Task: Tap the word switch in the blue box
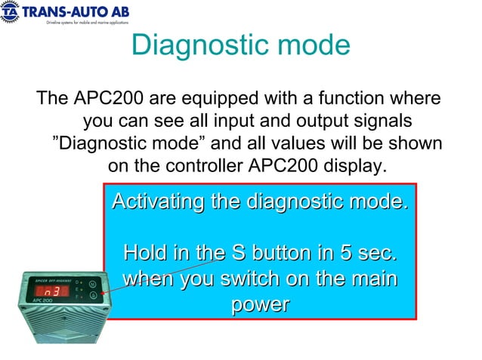click(x=246, y=278)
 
